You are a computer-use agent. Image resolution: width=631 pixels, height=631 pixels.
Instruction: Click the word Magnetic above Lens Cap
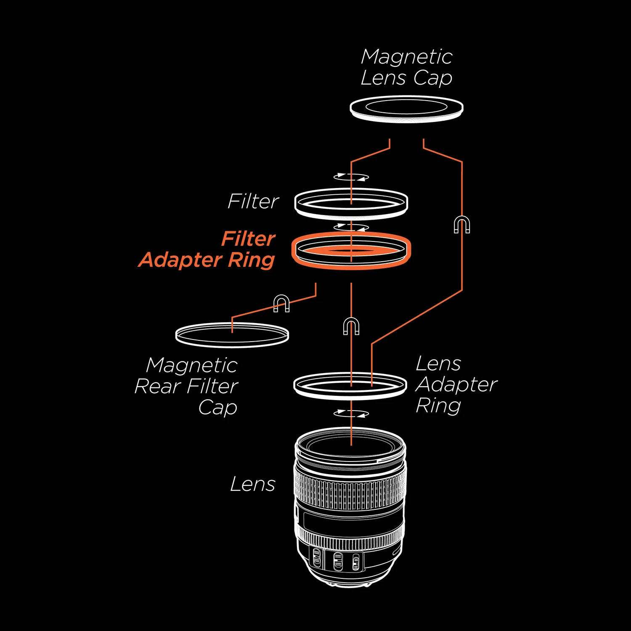(406, 57)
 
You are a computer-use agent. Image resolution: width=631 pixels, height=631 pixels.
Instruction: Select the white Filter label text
(253, 201)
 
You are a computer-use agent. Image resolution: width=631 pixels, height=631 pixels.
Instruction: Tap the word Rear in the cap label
(157, 386)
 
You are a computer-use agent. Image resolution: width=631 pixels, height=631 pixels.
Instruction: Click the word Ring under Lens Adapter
(438, 406)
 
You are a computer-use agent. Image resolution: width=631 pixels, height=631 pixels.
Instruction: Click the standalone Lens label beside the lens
(253, 484)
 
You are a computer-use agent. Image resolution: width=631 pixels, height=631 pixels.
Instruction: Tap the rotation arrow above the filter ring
(351, 177)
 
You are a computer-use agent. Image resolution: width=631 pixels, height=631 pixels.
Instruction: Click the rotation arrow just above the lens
(351, 414)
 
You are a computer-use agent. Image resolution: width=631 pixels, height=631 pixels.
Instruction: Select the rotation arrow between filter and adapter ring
(351, 227)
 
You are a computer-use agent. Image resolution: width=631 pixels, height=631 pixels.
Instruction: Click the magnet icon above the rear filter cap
(281, 303)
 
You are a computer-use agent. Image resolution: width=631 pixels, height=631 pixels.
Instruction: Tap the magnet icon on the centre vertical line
(351, 326)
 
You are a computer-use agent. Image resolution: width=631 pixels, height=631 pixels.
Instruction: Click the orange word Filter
(249, 239)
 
